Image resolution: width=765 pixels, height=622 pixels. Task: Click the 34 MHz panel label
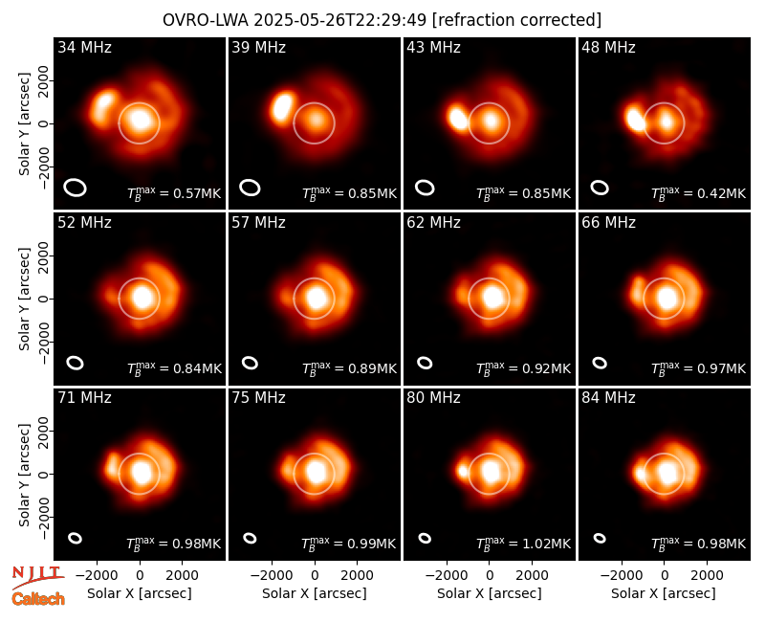(84, 47)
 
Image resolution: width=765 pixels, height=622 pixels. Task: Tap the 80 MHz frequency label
(433, 398)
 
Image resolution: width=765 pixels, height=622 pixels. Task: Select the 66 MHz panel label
(608, 223)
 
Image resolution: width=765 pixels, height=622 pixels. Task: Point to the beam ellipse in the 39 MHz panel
(250, 188)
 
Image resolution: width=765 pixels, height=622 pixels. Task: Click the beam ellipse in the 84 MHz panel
(600, 538)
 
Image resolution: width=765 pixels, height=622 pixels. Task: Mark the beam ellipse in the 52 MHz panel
(76, 363)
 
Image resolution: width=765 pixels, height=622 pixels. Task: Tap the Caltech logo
(38, 599)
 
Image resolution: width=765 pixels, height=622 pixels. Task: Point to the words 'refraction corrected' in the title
(516, 20)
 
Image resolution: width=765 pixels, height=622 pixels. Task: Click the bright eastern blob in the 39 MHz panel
(282, 106)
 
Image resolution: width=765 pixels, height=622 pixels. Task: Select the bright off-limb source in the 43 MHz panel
(458, 118)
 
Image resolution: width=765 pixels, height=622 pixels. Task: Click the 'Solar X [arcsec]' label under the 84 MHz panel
(663, 593)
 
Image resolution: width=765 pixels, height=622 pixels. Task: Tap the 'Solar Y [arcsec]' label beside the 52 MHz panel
(24, 299)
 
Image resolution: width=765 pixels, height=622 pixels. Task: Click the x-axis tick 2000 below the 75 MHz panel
(357, 575)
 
